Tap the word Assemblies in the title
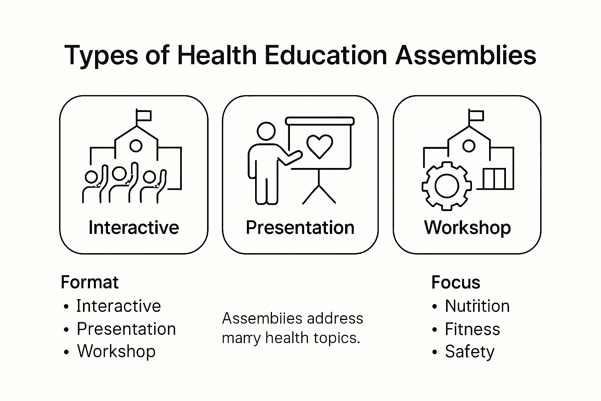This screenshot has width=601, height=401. pyautogui.click(x=465, y=55)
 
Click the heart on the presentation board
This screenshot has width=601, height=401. pyautogui.click(x=320, y=146)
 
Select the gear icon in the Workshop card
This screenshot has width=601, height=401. pyautogui.click(x=446, y=185)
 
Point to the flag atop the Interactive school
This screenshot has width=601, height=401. pyautogui.click(x=143, y=116)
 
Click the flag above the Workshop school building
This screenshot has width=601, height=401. pyautogui.click(x=476, y=116)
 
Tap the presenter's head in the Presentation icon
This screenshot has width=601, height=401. pyautogui.click(x=266, y=131)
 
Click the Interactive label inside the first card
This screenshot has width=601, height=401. pyautogui.click(x=134, y=228)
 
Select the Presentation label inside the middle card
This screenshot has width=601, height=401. pyautogui.click(x=300, y=228)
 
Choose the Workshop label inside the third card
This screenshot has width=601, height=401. pyautogui.click(x=468, y=228)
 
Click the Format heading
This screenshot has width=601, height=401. pyautogui.click(x=90, y=282)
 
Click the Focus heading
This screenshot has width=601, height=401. pyautogui.click(x=456, y=282)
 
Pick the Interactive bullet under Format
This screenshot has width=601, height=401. pyautogui.click(x=118, y=306)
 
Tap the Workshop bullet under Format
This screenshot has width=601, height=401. pyautogui.click(x=116, y=351)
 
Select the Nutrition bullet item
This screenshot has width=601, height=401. pyautogui.click(x=477, y=306)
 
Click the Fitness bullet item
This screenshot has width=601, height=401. pyautogui.click(x=472, y=329)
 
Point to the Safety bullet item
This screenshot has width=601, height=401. pyautogui.click(x=470, y=352)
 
